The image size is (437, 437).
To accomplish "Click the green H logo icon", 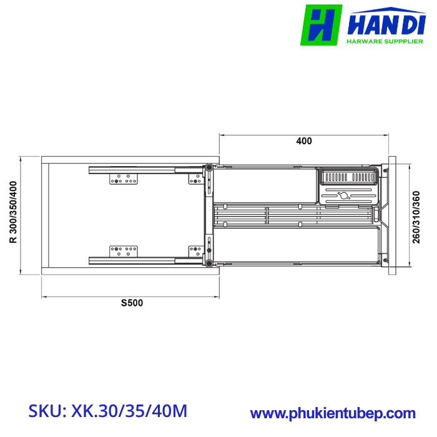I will [321, 25].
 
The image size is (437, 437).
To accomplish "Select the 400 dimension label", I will [303, 141].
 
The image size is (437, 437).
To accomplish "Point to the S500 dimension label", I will [132, 303].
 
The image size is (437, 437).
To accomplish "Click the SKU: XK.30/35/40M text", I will [107, 411].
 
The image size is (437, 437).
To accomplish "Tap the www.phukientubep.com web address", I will [333, 413].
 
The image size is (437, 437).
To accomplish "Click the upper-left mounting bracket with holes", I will [124, 180].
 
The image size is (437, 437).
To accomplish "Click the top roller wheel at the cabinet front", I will [209, 167].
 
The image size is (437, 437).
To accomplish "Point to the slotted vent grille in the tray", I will [348, 177].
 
